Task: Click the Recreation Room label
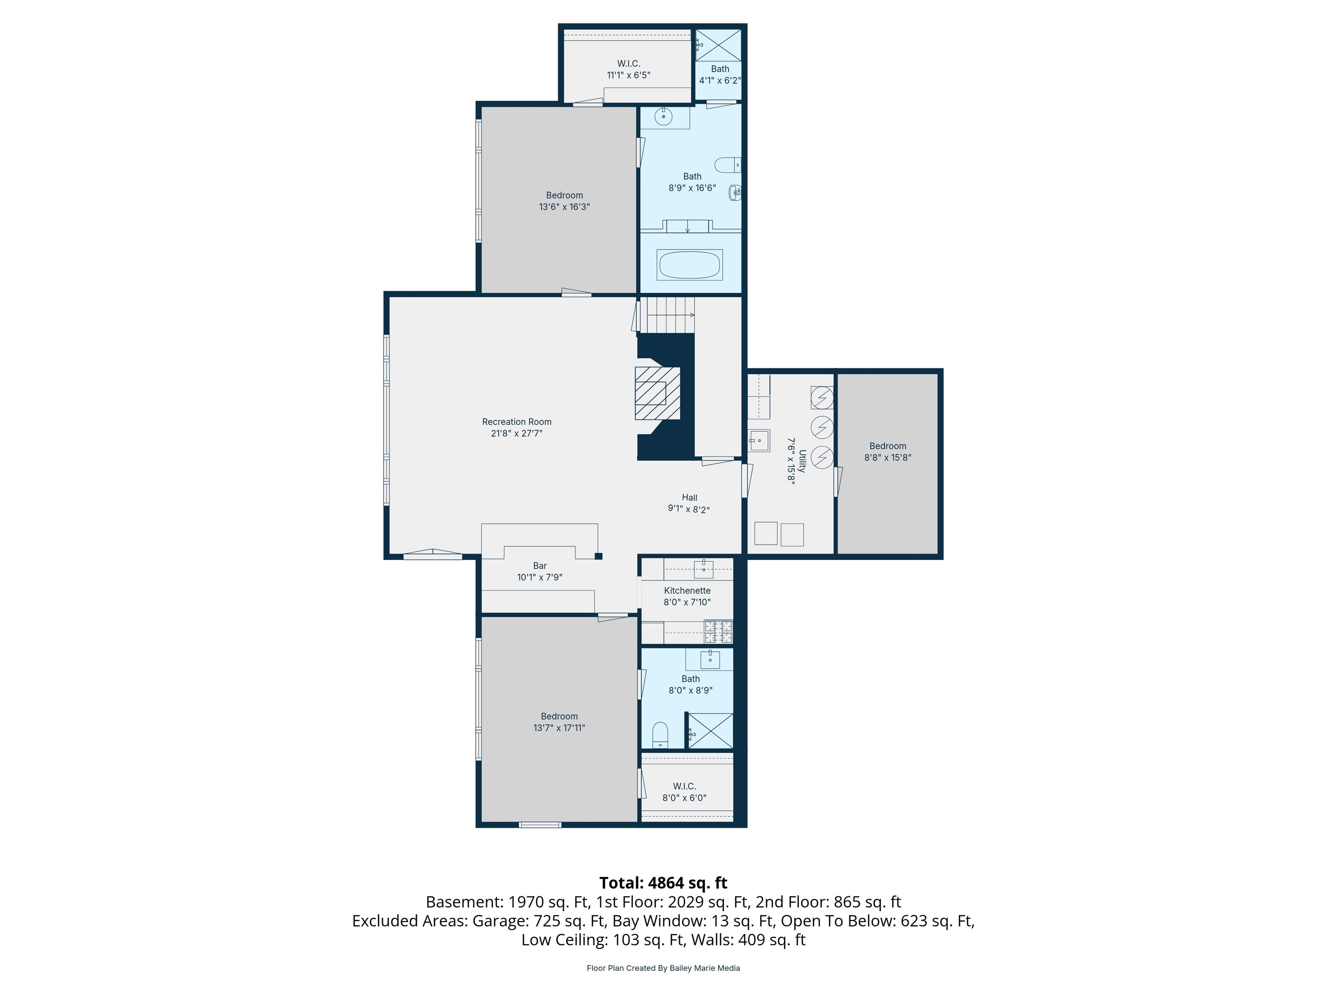click(517, 421)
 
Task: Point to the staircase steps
click(670, 315)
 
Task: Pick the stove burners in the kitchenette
click(718, 631)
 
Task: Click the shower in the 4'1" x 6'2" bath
click(718, 44)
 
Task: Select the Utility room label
click(802, 461)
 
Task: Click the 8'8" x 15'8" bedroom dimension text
click(888, 458)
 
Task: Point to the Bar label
click(540, 566)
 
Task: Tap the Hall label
click(689, 497)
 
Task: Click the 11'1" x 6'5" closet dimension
click(629, 75)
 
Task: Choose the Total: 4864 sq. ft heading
click(663, 883)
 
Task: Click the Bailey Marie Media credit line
click(663, 968)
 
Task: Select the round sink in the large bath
click(663, 117)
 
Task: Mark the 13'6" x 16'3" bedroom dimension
click(565, 207)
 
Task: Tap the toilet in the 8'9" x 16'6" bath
click(728, 165)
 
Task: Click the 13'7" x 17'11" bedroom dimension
click(559, 728)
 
